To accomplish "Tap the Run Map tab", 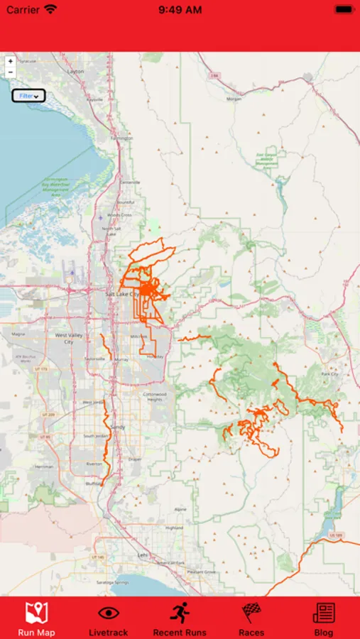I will pyautogui.click(x=36, y=618).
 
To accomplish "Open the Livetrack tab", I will pyautogui.click(x=108, y=618).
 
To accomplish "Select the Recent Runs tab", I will pyautogui.click(x=180, y=618).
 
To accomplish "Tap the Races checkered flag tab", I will pyautogui.click(x=251, y=618).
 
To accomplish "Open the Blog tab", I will pyautogui.click(x=324, y=618).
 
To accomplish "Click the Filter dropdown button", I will pyautogui.click(x=29, y=96).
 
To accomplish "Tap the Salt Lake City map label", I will pyautogui.click(x=122, y=294).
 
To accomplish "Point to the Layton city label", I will pyautogui.click(x=75, y=72).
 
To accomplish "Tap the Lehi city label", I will pyautogui.click(x=142, y=555).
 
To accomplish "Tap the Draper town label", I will pyautogui.click(x=135, y=459).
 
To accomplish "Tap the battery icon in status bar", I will pyautogui.click(x=343, y=10).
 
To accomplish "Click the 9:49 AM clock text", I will pyautogui.click(x=180, y=10).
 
